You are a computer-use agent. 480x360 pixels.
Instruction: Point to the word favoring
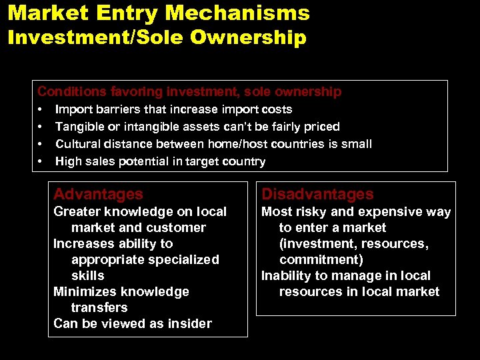pos(127,91)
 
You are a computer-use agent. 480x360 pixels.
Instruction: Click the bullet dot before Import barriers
pos(41,109)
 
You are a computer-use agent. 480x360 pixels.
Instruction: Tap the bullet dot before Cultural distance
pos(41,144)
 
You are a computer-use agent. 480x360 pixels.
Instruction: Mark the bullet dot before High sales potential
pos(41,161)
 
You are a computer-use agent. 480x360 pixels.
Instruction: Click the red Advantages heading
pos(98,194)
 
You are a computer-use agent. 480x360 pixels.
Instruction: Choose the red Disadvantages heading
pos(317,194)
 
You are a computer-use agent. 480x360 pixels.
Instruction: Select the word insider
pos(189,323)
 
